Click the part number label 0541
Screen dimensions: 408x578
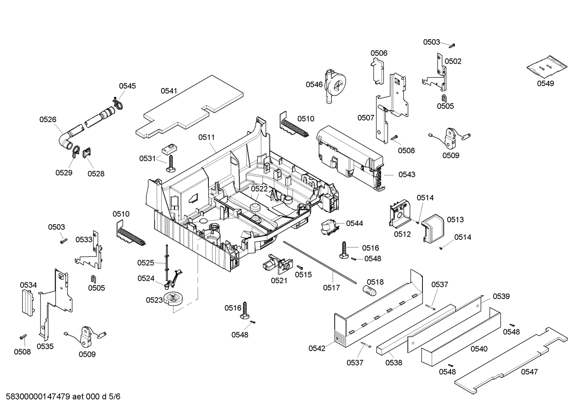point(169,91)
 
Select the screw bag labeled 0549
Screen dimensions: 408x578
point(548,67)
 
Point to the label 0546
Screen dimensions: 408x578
point(314,84)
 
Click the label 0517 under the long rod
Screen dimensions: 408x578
point(331,287)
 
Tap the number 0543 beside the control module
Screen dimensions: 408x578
point(406,174)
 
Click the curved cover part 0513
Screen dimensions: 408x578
point(433,228)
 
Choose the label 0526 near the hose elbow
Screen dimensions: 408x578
point(48,119)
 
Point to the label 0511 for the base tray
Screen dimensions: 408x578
point(206,137)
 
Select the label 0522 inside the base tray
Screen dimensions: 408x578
point(259,189)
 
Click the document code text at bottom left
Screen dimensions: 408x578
point(61,397)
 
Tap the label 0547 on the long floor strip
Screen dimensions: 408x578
point(529,372)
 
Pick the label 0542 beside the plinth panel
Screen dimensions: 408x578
point(317,348)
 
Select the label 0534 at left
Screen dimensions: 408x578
point(28,285)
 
